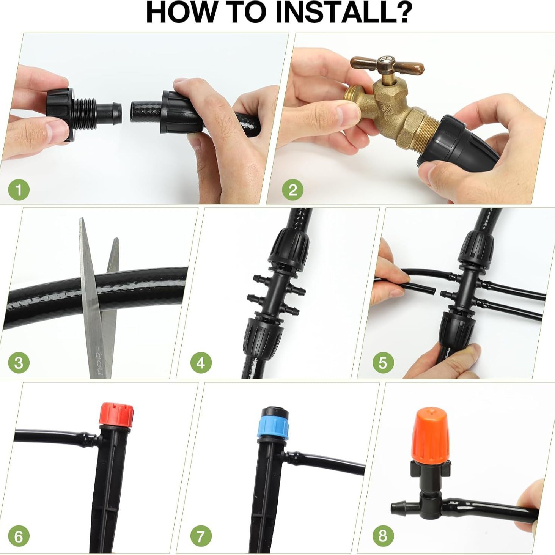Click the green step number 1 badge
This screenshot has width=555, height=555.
[x=19, y=190]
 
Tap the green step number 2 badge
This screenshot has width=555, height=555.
[x=292, y=190]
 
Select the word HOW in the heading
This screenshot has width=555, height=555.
[x=178, y=13]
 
